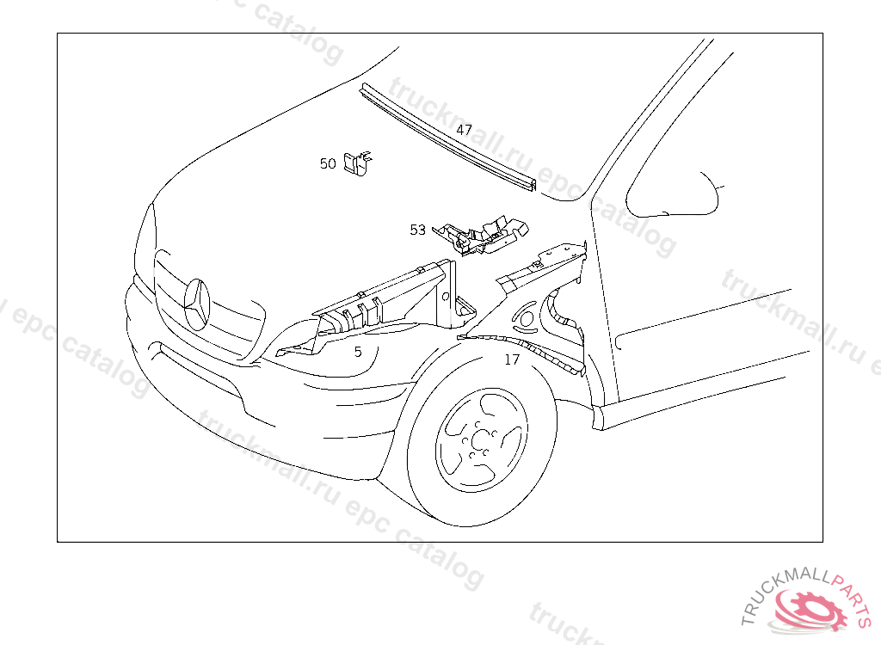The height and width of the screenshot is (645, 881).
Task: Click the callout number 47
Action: [x=464, y=130]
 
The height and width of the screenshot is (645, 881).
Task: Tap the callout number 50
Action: [x=328, y=163]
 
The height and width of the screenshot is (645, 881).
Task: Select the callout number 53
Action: [x=418, y=230]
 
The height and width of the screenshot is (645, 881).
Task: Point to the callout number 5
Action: [x=358, y=353]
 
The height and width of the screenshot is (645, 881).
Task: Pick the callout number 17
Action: [x=512, y=359]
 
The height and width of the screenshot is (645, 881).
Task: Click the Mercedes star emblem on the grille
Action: [x=197, y=304]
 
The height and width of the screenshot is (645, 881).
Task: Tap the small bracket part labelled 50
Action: [x=359, y=163]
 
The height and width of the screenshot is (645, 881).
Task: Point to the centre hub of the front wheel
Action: [x=480, y=439]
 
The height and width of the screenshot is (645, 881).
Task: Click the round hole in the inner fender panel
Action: [x=527, y=319]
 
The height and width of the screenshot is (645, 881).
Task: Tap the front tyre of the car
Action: [x=482, y=439]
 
